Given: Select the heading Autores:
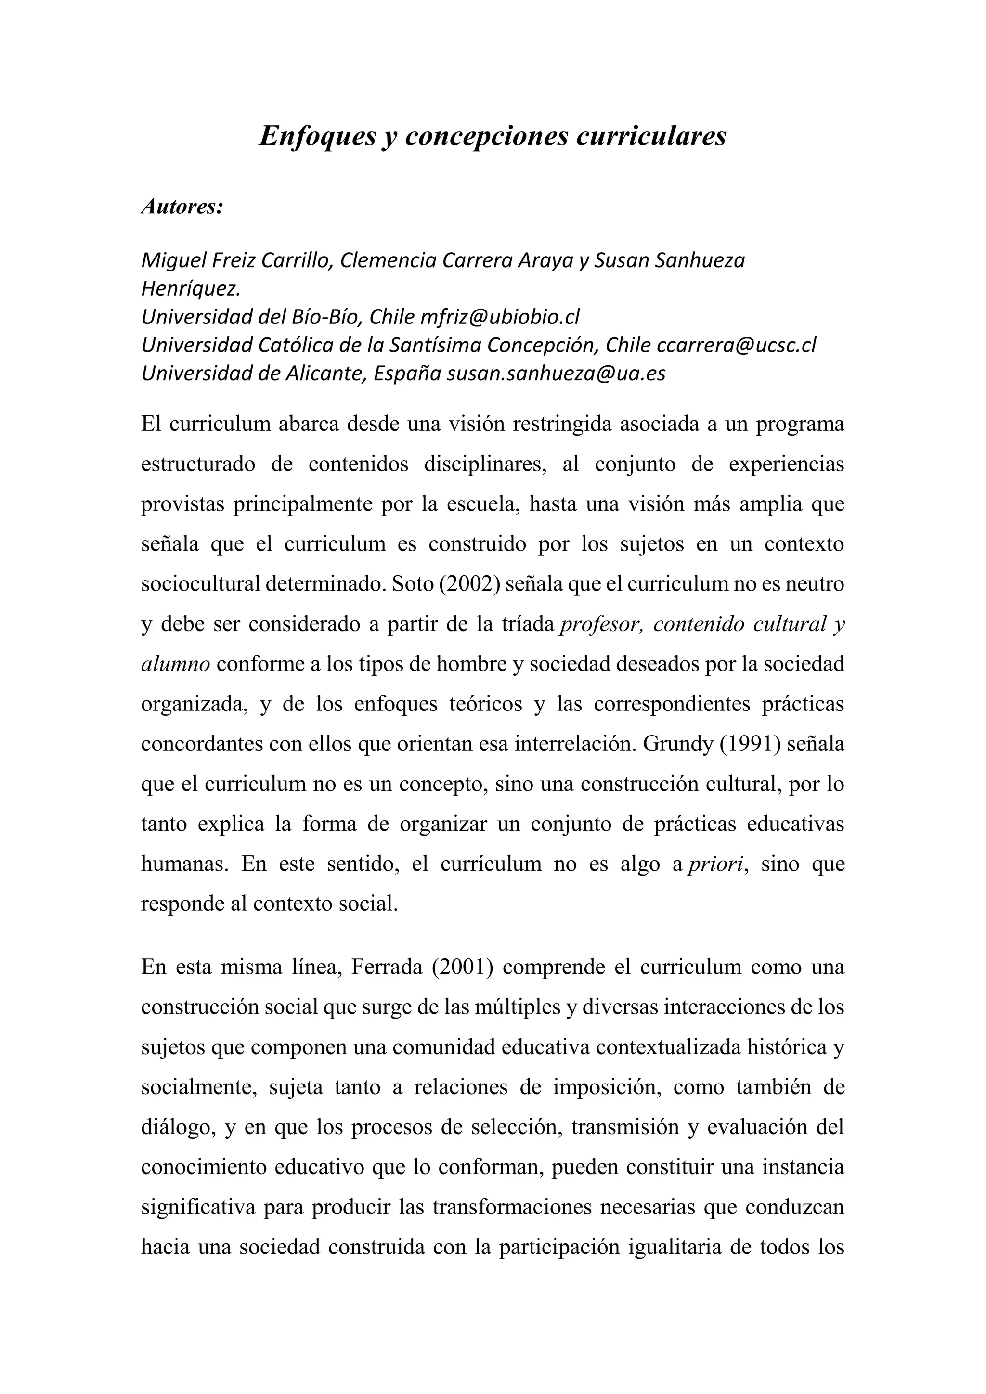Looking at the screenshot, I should pyautogui.click(x=182, y=207).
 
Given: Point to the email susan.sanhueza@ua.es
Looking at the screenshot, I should pyautogui.click(x=556, y=374).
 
